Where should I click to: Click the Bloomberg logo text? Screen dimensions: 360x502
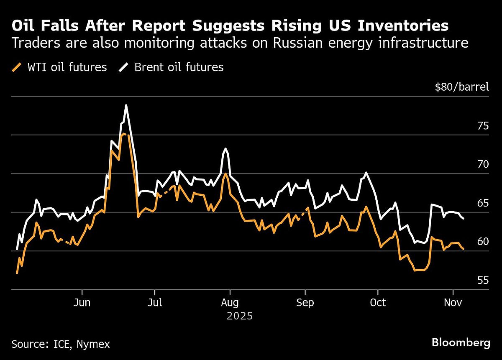461,343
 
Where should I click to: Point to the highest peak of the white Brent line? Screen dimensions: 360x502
126,105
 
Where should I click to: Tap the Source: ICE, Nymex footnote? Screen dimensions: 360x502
61,344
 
